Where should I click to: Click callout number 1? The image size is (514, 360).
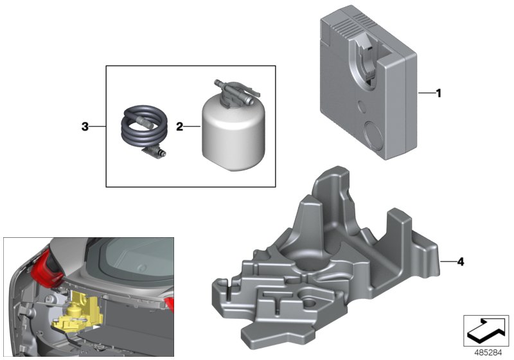[439, 94]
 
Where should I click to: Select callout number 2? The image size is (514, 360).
[179, 127]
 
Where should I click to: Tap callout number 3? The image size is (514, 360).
[85, 127]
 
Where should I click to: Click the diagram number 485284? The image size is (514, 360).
[487, 352]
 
